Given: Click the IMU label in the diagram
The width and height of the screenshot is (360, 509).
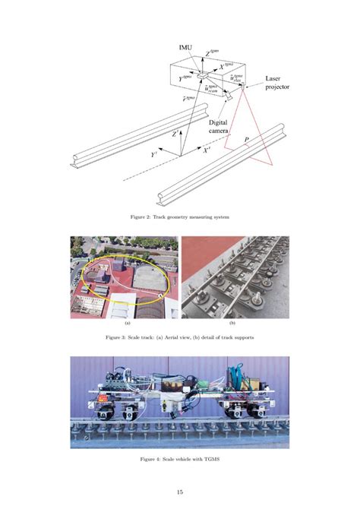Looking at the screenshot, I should pyautogui.click(x=185, y=46).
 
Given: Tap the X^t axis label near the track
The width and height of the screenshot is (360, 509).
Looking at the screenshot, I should pyautogui.click(x=207, y=151).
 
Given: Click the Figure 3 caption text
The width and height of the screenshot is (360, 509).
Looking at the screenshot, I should pyautogui.click(x=179, y=335).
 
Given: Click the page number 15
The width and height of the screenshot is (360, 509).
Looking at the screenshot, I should pyautogui.click(x=180, y=491).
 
